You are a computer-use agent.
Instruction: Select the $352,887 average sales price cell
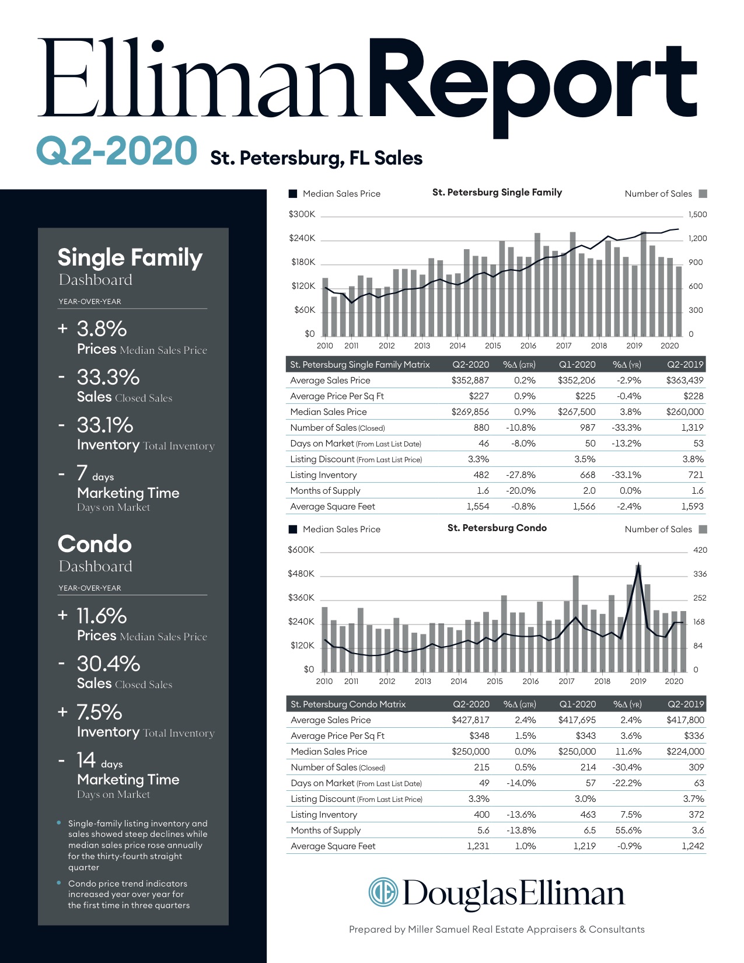(470, 381)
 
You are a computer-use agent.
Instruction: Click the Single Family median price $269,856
(470, 412)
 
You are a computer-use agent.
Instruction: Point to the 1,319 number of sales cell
(692, 428)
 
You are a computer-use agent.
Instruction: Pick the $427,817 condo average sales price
(470, 720)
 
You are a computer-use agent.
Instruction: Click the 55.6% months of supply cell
(628, 831)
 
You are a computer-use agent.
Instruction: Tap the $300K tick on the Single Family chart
(302, 214)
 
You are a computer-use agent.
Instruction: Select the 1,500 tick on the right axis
(697, 214)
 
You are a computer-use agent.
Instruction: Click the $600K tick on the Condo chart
(301, 550)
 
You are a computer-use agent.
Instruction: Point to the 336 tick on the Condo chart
(700, 574)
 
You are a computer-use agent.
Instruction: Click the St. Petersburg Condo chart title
(497, 528)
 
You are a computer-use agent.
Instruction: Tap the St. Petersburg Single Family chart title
(497, 193)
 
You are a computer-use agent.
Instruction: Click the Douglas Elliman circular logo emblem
(383, 892)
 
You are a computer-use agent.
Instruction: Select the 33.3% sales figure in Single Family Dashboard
(108, 378)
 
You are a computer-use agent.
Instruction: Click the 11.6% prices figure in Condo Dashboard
(102, 616)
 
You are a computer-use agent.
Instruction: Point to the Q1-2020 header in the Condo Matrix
(577, 704)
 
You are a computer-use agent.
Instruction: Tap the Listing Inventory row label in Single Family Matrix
(323, 475)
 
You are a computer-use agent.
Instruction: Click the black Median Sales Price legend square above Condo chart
(294, 529)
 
